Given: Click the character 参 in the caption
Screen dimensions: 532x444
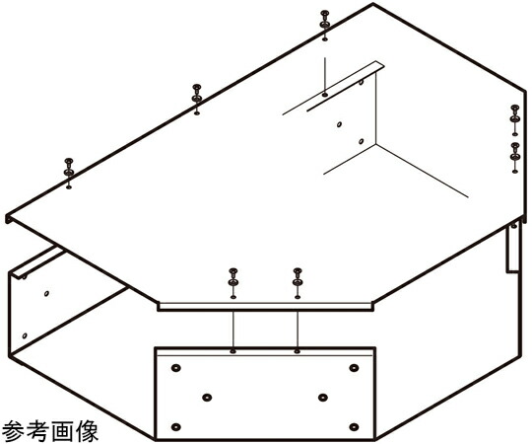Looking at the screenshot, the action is point(13,431).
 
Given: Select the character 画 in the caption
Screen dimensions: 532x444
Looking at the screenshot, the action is point(62,431).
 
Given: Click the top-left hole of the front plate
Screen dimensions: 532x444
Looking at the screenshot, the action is point(175,368).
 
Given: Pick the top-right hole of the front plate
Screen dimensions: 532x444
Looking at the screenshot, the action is point(354,368).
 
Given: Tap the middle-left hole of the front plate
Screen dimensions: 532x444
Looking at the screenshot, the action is point(207,397).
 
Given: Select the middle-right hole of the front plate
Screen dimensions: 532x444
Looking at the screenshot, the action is point(323,397).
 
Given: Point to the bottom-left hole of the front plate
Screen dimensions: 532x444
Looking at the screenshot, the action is point(175,426).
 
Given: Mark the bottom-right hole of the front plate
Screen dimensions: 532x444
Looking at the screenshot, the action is point(354,426).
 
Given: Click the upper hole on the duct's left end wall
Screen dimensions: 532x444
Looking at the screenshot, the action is point(46,293).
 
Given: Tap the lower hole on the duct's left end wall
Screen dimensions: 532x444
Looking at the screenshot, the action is point(25,335).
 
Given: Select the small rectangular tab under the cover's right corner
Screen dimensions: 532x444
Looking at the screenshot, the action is point(512,249).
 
